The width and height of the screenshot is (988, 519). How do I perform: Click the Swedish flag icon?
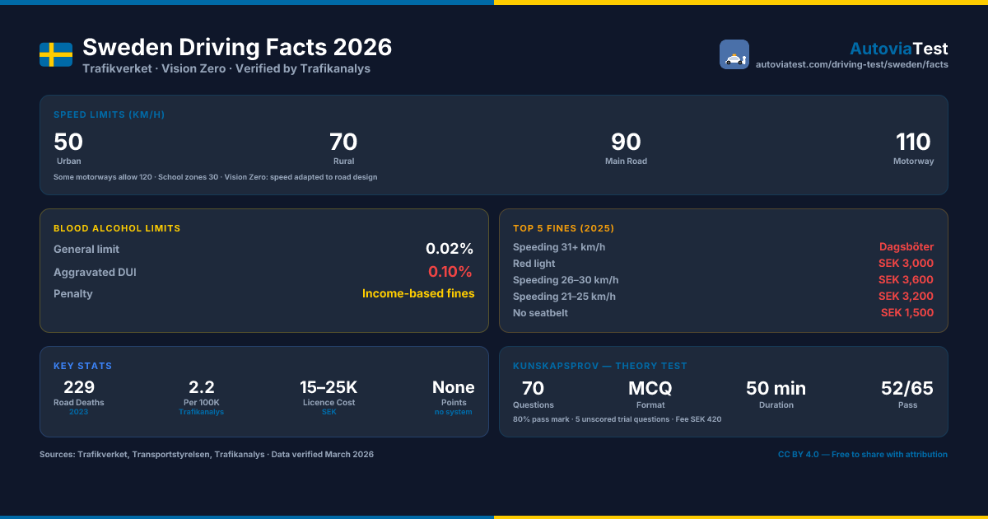pyautogui.click(x=56, y=54)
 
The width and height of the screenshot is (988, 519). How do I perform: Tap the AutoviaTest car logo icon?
pyautogui.click(x=734, y=54)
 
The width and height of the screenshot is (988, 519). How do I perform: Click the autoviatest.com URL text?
pyautogui.click(x=851, y=64)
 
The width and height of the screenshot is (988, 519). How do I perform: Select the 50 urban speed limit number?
pyautogui.click(x=68, y=142)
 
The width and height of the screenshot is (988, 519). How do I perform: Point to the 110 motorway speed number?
pyautogui.click(x=913, y=142)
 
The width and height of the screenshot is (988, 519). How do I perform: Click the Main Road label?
pyautogui.click(x=626, y=161)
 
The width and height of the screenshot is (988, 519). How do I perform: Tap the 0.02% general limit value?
pyautogui.click(x=450, y=249)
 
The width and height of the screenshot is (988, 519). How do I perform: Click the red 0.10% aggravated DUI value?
pyautogui.click(x=450, y=271)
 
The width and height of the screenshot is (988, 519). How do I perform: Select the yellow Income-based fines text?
pyautogui.click(x=418, y=293)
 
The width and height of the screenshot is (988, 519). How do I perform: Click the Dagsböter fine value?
pyautogui.click(x=906, y=246)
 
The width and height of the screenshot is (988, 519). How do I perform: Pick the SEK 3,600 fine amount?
pyautogui.click(x=906, y=280)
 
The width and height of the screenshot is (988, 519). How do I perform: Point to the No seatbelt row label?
pyautogui.click(x=540, y=313)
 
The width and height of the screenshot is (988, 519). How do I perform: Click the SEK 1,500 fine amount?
pyautogui.click(x=907, y=312)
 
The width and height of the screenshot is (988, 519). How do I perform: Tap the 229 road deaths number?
pyautogui.click(x=79, y=387)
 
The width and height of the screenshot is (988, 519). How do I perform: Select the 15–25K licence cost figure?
pyautogui.click(x=329, y=387)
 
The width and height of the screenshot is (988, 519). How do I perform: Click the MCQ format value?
pyautogui.click(x=650, y=388)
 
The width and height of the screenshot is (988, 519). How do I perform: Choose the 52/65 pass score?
pyautogui.click(x=906, y=388)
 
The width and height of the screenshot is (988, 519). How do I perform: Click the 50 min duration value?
pyautogui.click(x=776, y=388)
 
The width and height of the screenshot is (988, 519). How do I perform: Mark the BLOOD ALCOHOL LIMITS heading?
pyautogui.click(x=117, y=228)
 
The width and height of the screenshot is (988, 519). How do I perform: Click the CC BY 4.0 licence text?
pyautogui.click(x=862, y=454)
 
